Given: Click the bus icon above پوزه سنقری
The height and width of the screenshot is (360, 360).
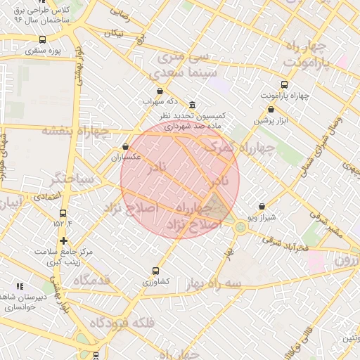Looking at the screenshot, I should pyautogui.click(x=43, y=39).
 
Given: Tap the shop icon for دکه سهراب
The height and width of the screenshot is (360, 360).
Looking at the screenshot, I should pyautogui.click(x=160, y=91).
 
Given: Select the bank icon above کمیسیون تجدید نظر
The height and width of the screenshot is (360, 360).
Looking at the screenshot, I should pyautogui.click(x=193, y=104).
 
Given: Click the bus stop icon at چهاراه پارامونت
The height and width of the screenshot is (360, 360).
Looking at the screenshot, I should pyautogui.click(x=284, y=84).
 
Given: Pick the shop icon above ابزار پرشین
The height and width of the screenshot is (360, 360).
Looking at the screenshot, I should pyautogui.click(x=271, y=109).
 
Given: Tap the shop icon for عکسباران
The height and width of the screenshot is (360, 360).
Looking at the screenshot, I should pyautogui.click(x=125, y=147).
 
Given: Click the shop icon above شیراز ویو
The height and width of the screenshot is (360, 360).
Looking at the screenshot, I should pyautogui.click(x=262, y=207).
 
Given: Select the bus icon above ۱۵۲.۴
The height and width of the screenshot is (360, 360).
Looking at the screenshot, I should pyautogui.click(x=63, y=213).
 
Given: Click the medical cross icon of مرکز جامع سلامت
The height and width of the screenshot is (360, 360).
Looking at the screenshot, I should pyautogui.click(x=64, y=240).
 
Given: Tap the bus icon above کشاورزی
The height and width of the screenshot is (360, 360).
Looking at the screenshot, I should pyautogui.click(x=156, y=271).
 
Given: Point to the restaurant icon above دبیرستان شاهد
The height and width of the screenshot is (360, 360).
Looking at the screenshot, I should pyautogui.click(x=20, y=286).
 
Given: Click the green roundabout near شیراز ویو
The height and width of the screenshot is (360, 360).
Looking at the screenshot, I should pyautogui.click(x=241, y=226).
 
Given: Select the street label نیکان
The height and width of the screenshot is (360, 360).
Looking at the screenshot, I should pyautogui.click(x=113, y=33).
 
